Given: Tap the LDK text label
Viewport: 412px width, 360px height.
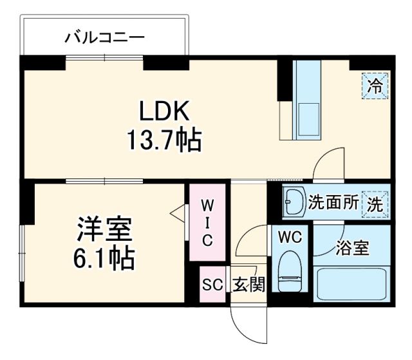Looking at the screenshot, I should tap(165, 111).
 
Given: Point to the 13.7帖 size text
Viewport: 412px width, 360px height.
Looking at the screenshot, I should tap(165, 140).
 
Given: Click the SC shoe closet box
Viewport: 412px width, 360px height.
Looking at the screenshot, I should tap(212, 284).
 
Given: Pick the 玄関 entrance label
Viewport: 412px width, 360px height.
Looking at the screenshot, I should tap(248, 284).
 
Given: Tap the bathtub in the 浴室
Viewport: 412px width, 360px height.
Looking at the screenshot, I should tap(351, 284).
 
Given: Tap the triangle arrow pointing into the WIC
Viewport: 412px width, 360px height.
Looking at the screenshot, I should tap(176, 213).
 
